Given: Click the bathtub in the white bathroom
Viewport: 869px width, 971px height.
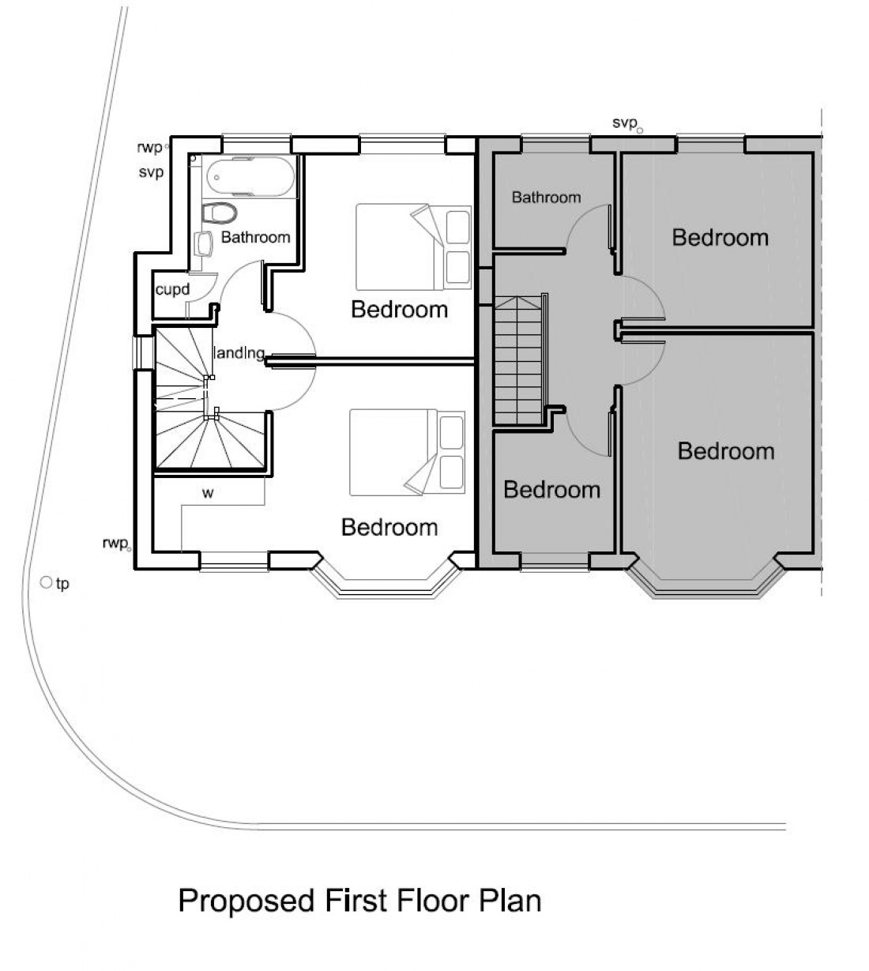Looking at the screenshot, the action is point(250,177).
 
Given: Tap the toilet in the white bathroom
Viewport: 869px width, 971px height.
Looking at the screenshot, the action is point(220,213).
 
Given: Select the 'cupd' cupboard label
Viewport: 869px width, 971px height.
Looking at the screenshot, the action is point(172,289).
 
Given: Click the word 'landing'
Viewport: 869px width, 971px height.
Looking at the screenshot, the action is point(239,352).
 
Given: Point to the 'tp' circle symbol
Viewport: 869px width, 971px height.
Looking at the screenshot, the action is point(46,582).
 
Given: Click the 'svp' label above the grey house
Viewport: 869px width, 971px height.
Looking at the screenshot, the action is point(625,123).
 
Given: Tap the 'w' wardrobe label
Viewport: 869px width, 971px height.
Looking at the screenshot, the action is point(208,493).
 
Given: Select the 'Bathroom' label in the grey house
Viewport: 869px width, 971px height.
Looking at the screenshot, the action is point(546,197).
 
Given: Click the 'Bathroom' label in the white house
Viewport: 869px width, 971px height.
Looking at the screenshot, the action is point(255,237).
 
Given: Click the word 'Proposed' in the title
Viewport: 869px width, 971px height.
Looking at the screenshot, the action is point(246,901).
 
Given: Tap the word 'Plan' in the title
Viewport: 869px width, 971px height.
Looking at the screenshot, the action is point(510,900).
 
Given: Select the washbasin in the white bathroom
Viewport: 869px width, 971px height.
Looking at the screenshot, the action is point(204,243).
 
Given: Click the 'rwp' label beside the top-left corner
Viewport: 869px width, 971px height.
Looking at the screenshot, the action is point(149,147).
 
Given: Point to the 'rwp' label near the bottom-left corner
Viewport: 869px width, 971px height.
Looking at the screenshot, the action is point(115,543).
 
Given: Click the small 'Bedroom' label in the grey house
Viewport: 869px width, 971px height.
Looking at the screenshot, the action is point(551,489).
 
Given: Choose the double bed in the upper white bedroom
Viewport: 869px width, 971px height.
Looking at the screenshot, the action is point(414,247).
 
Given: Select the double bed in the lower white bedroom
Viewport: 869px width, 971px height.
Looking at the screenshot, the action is point(407,452).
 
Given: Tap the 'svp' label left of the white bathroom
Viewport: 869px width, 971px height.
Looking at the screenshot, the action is point(151,172).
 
